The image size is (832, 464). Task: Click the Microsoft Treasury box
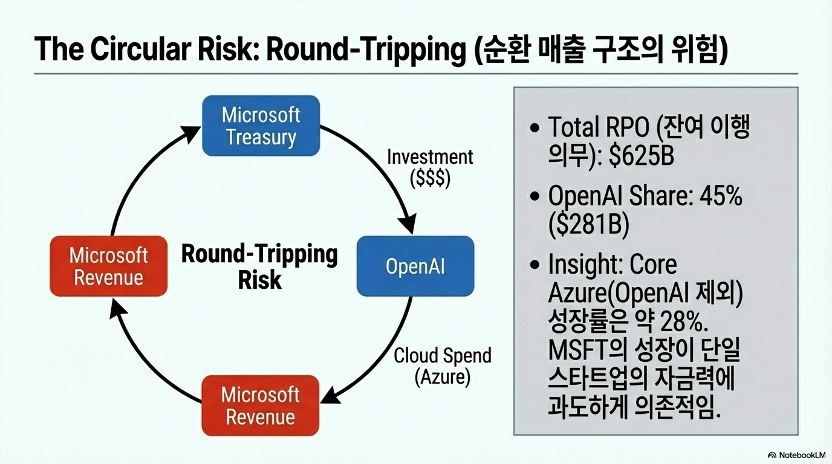click(261, 126)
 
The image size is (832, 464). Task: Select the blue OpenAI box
click(415, 266)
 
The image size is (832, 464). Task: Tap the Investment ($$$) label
click(430, 168)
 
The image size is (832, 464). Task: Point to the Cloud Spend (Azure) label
click(443, 366)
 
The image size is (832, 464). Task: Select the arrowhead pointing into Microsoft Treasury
click(189, 134)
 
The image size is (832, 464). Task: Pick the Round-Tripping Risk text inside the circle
click(259, 266)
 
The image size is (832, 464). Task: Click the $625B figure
click(642, 155)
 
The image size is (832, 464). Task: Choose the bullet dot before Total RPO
click(535, 128)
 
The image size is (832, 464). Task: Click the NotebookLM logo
click(797, 455)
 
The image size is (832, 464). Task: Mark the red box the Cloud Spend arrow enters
click(261, 405)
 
